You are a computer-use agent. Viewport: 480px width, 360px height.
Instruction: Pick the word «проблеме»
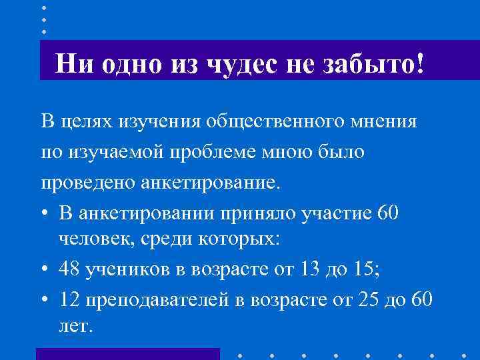pos(198,152)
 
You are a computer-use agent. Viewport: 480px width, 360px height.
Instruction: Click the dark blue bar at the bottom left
pos(127,354)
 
